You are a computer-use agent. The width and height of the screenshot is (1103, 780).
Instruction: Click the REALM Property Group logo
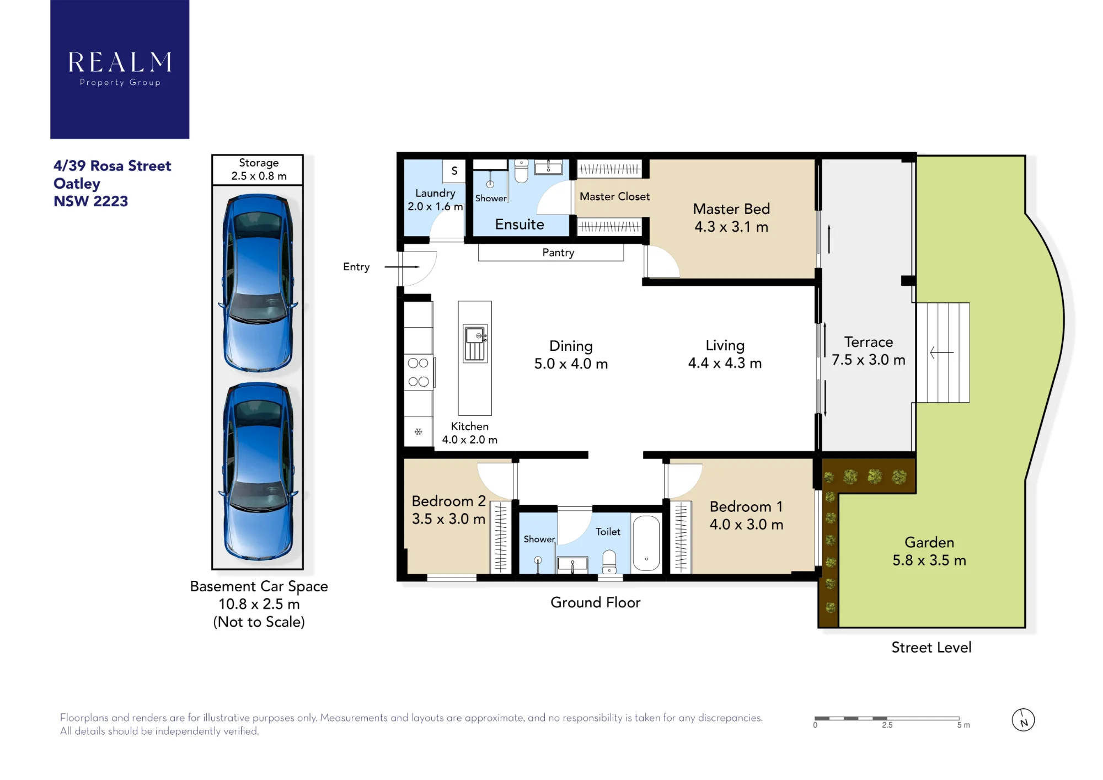pyautogui.click(x=120, y=69)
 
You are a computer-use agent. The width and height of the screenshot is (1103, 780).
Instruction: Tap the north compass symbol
pyautogui.click(x=1023, y=720)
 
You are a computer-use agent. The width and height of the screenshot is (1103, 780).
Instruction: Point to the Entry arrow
pyautogui.click(x=402, y=267)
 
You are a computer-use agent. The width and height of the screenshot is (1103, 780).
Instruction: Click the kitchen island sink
pyautogui.click(x=475, y=343)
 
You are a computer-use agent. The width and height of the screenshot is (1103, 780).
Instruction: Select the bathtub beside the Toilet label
pyautogui.click(x=646, y=543)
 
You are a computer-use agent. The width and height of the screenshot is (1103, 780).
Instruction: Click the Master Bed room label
pyautogui.click(x=731, y=218)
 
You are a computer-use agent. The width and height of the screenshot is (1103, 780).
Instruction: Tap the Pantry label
pyautogui.click(x=558, y=253)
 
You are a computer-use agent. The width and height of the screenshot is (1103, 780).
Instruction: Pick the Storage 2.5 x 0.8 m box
pyautogui.click(x=258, y=170)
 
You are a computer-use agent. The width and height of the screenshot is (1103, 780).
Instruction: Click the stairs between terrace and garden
pyautogui.click(x=943, y=352)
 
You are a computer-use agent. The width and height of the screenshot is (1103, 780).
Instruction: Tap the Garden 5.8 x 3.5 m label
pyautogui.click(x=929, y=551)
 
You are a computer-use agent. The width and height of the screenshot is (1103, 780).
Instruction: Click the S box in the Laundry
pyautogui.click(x=454, y=170)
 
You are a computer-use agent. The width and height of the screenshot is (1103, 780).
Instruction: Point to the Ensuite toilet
pyautogui.click(x=521, y=171)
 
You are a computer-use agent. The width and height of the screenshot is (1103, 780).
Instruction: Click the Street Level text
pyautogui.click(x=931, y=648)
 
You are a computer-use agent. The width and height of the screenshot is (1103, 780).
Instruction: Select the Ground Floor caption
pyautogui.click(x=596, y=602)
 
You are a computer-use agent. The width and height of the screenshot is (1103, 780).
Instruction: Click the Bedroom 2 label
pyautogui.click(x=448, y=510)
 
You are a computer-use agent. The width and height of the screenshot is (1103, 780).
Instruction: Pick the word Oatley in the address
pyautogui.click(x=77, y=184)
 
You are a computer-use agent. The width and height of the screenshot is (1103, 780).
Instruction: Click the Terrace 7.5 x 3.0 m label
pyautogui.click(x=869, y=351)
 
